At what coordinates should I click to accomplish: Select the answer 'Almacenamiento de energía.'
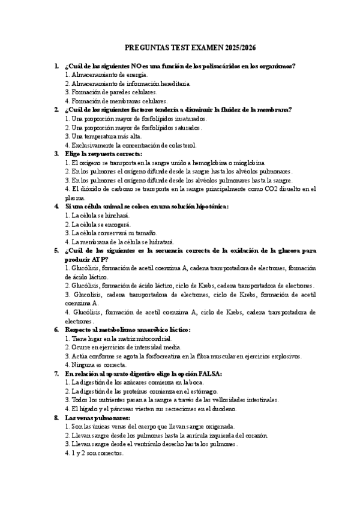[106, 74]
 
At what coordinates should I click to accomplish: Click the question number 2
[56, 110]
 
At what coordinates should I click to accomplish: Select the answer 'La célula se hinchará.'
[97, 215]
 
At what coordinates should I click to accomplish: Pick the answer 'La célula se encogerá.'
[98, 224]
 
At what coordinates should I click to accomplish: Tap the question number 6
[56, 330]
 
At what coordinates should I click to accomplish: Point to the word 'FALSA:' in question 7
[209, 373]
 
